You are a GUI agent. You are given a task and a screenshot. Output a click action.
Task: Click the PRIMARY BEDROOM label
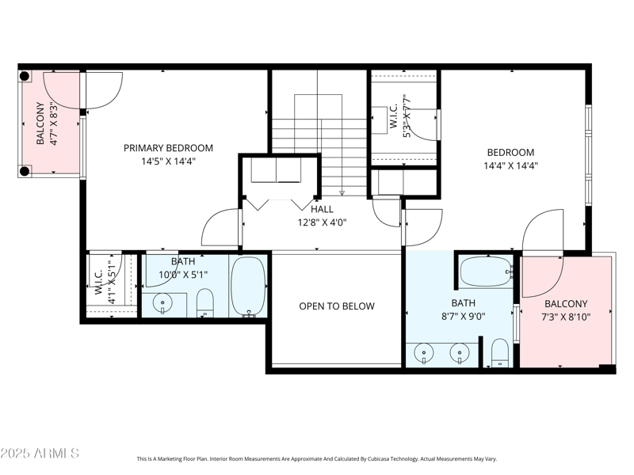pyautogui.click(x=168, y=148)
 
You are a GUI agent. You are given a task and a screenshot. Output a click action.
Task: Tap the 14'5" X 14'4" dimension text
pyautogui.click(x=168, y=161)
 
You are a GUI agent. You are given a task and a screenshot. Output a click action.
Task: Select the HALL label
pyautogui.click(x=322, y=209)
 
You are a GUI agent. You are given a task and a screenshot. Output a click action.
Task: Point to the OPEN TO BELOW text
pyautogui.click(x=337, y=306)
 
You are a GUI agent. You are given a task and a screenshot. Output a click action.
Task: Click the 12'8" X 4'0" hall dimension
pyautogui.click(x=322, y=222)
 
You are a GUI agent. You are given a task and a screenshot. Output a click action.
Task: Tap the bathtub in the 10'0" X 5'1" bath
pyautogui.click(x=248, y=286)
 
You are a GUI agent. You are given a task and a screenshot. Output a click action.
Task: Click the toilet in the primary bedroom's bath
pyautogui.click(x=205, y=302)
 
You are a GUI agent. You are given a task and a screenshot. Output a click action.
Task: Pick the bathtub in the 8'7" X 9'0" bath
pyautogui.click(x=485, y=272)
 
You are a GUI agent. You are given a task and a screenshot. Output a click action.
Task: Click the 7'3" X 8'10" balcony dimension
pyautogui.click(x=566, y=317)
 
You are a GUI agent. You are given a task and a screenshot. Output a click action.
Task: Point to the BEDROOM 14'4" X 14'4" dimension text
pyautogui.click(x=510, y=166)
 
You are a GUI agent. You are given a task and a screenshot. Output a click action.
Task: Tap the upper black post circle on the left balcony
pyautogui.click(x=25, y=77)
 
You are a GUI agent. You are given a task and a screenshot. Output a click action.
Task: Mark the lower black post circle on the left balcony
pyautogui.click(x=25, y=170)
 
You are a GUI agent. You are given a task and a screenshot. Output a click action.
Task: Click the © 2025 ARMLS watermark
pyautogui.click(x=40, y=454)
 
